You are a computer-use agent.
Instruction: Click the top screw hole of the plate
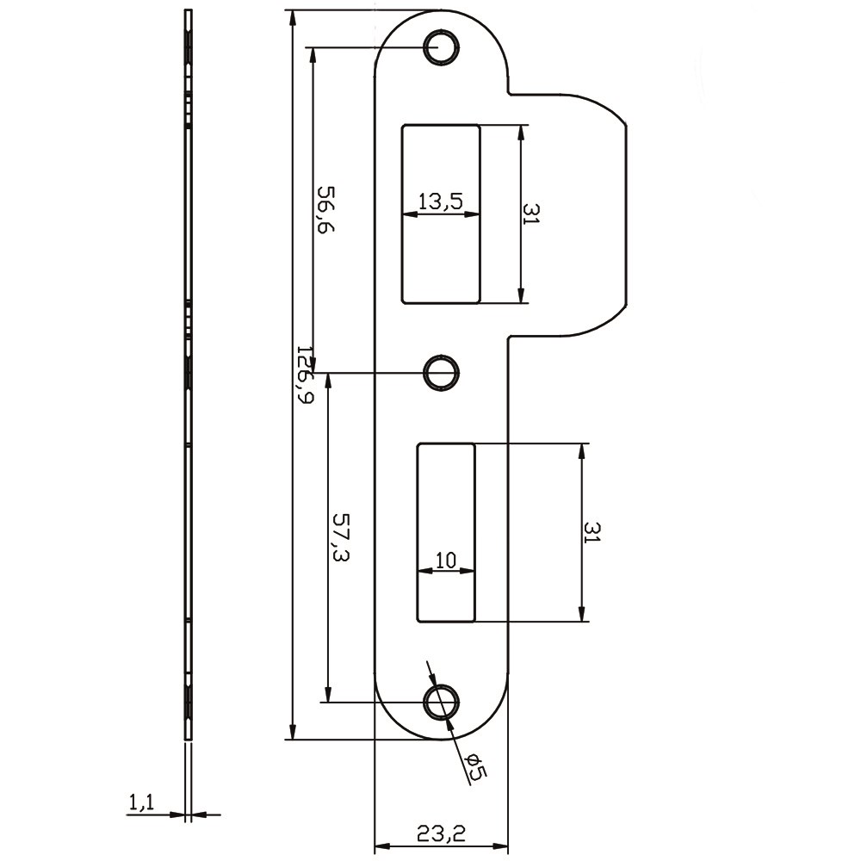[441, 46]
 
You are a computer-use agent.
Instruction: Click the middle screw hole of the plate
[441, 372]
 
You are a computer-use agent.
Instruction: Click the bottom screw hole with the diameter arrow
[441, 702]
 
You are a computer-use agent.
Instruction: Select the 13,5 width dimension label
[441, 201]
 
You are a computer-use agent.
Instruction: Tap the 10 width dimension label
[445, 560]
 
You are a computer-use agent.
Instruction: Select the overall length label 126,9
[304, 375]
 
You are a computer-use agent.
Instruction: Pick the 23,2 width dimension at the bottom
[441, 833]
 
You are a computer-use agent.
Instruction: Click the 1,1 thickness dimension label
[141, 802]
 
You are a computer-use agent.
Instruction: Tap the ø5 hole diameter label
[474, 767]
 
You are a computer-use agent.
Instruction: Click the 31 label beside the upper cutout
[530, 214]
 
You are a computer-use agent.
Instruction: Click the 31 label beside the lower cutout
[591, 532]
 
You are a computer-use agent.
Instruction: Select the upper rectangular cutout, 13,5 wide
[441, 258]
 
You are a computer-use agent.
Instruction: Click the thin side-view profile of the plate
[189, 375]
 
